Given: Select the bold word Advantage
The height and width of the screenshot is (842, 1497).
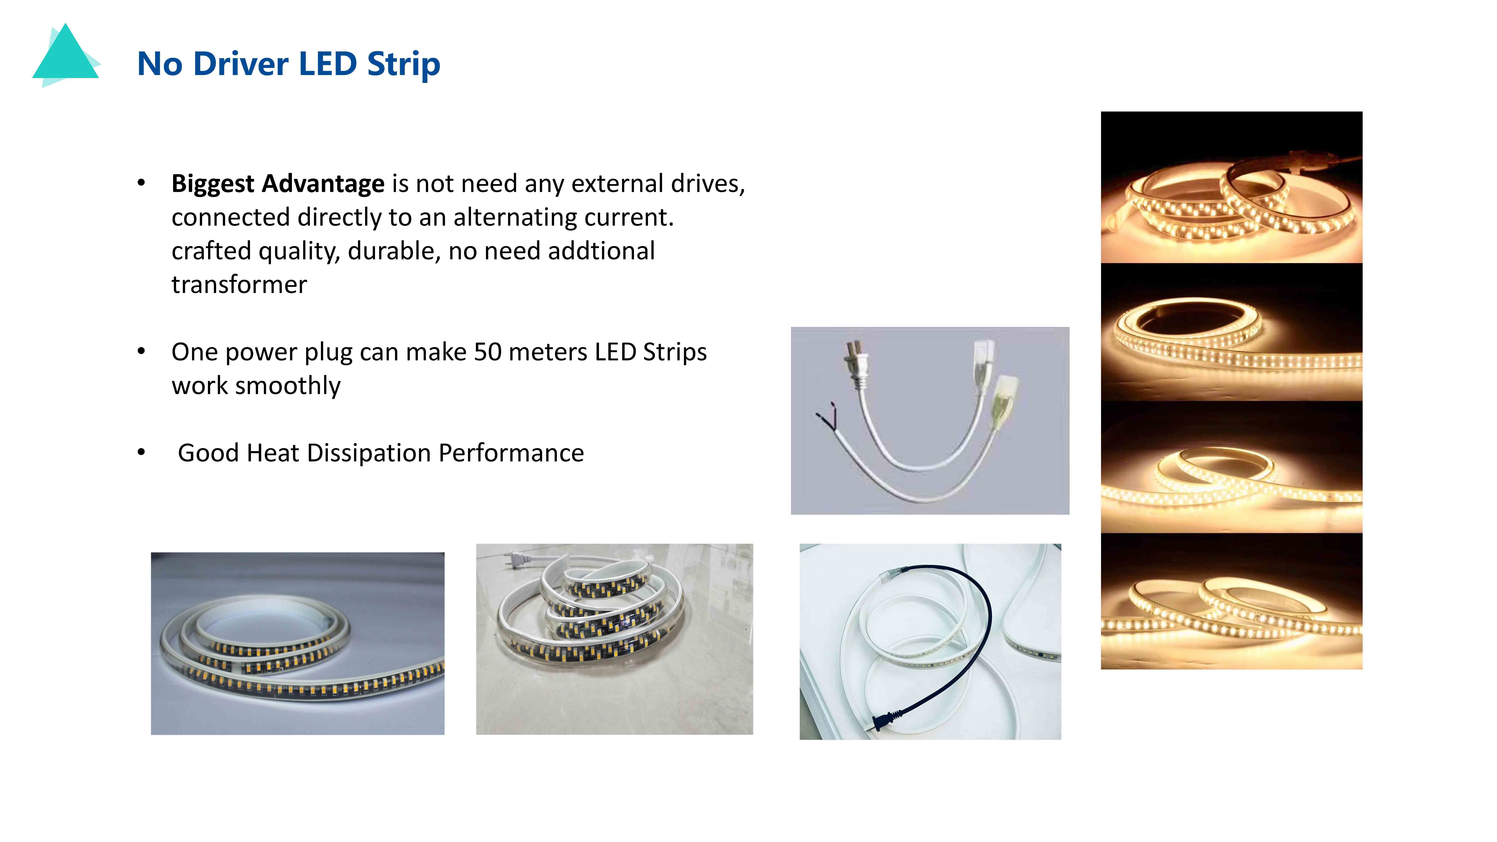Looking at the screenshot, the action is point(323,184).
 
